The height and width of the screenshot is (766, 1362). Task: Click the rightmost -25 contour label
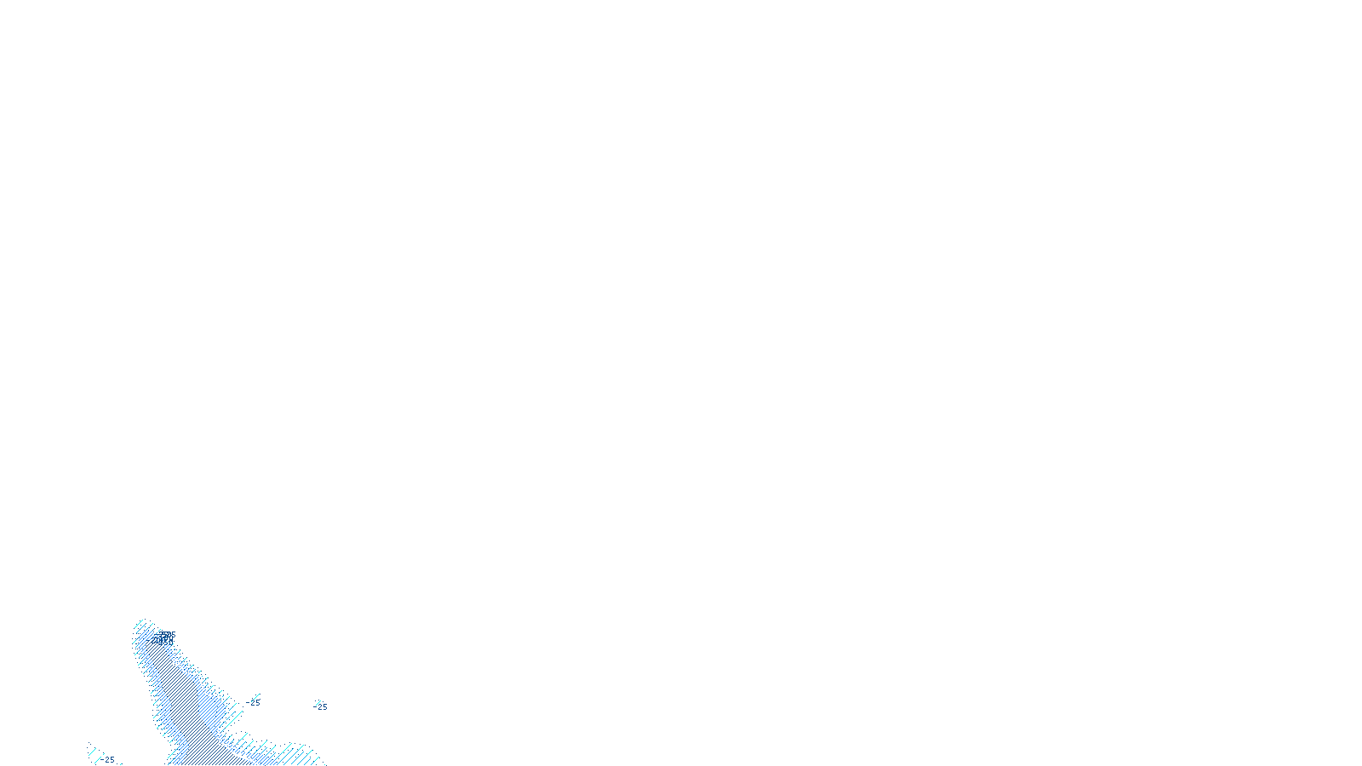(322, 707)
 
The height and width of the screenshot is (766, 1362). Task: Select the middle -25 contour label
(254, 703)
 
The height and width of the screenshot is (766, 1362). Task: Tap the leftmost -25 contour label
(108, 759)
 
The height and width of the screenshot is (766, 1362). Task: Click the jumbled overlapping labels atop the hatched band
(165, 637)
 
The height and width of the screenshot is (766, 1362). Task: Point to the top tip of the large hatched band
(144, 621)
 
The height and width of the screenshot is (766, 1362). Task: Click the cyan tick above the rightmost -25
(318, 701)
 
